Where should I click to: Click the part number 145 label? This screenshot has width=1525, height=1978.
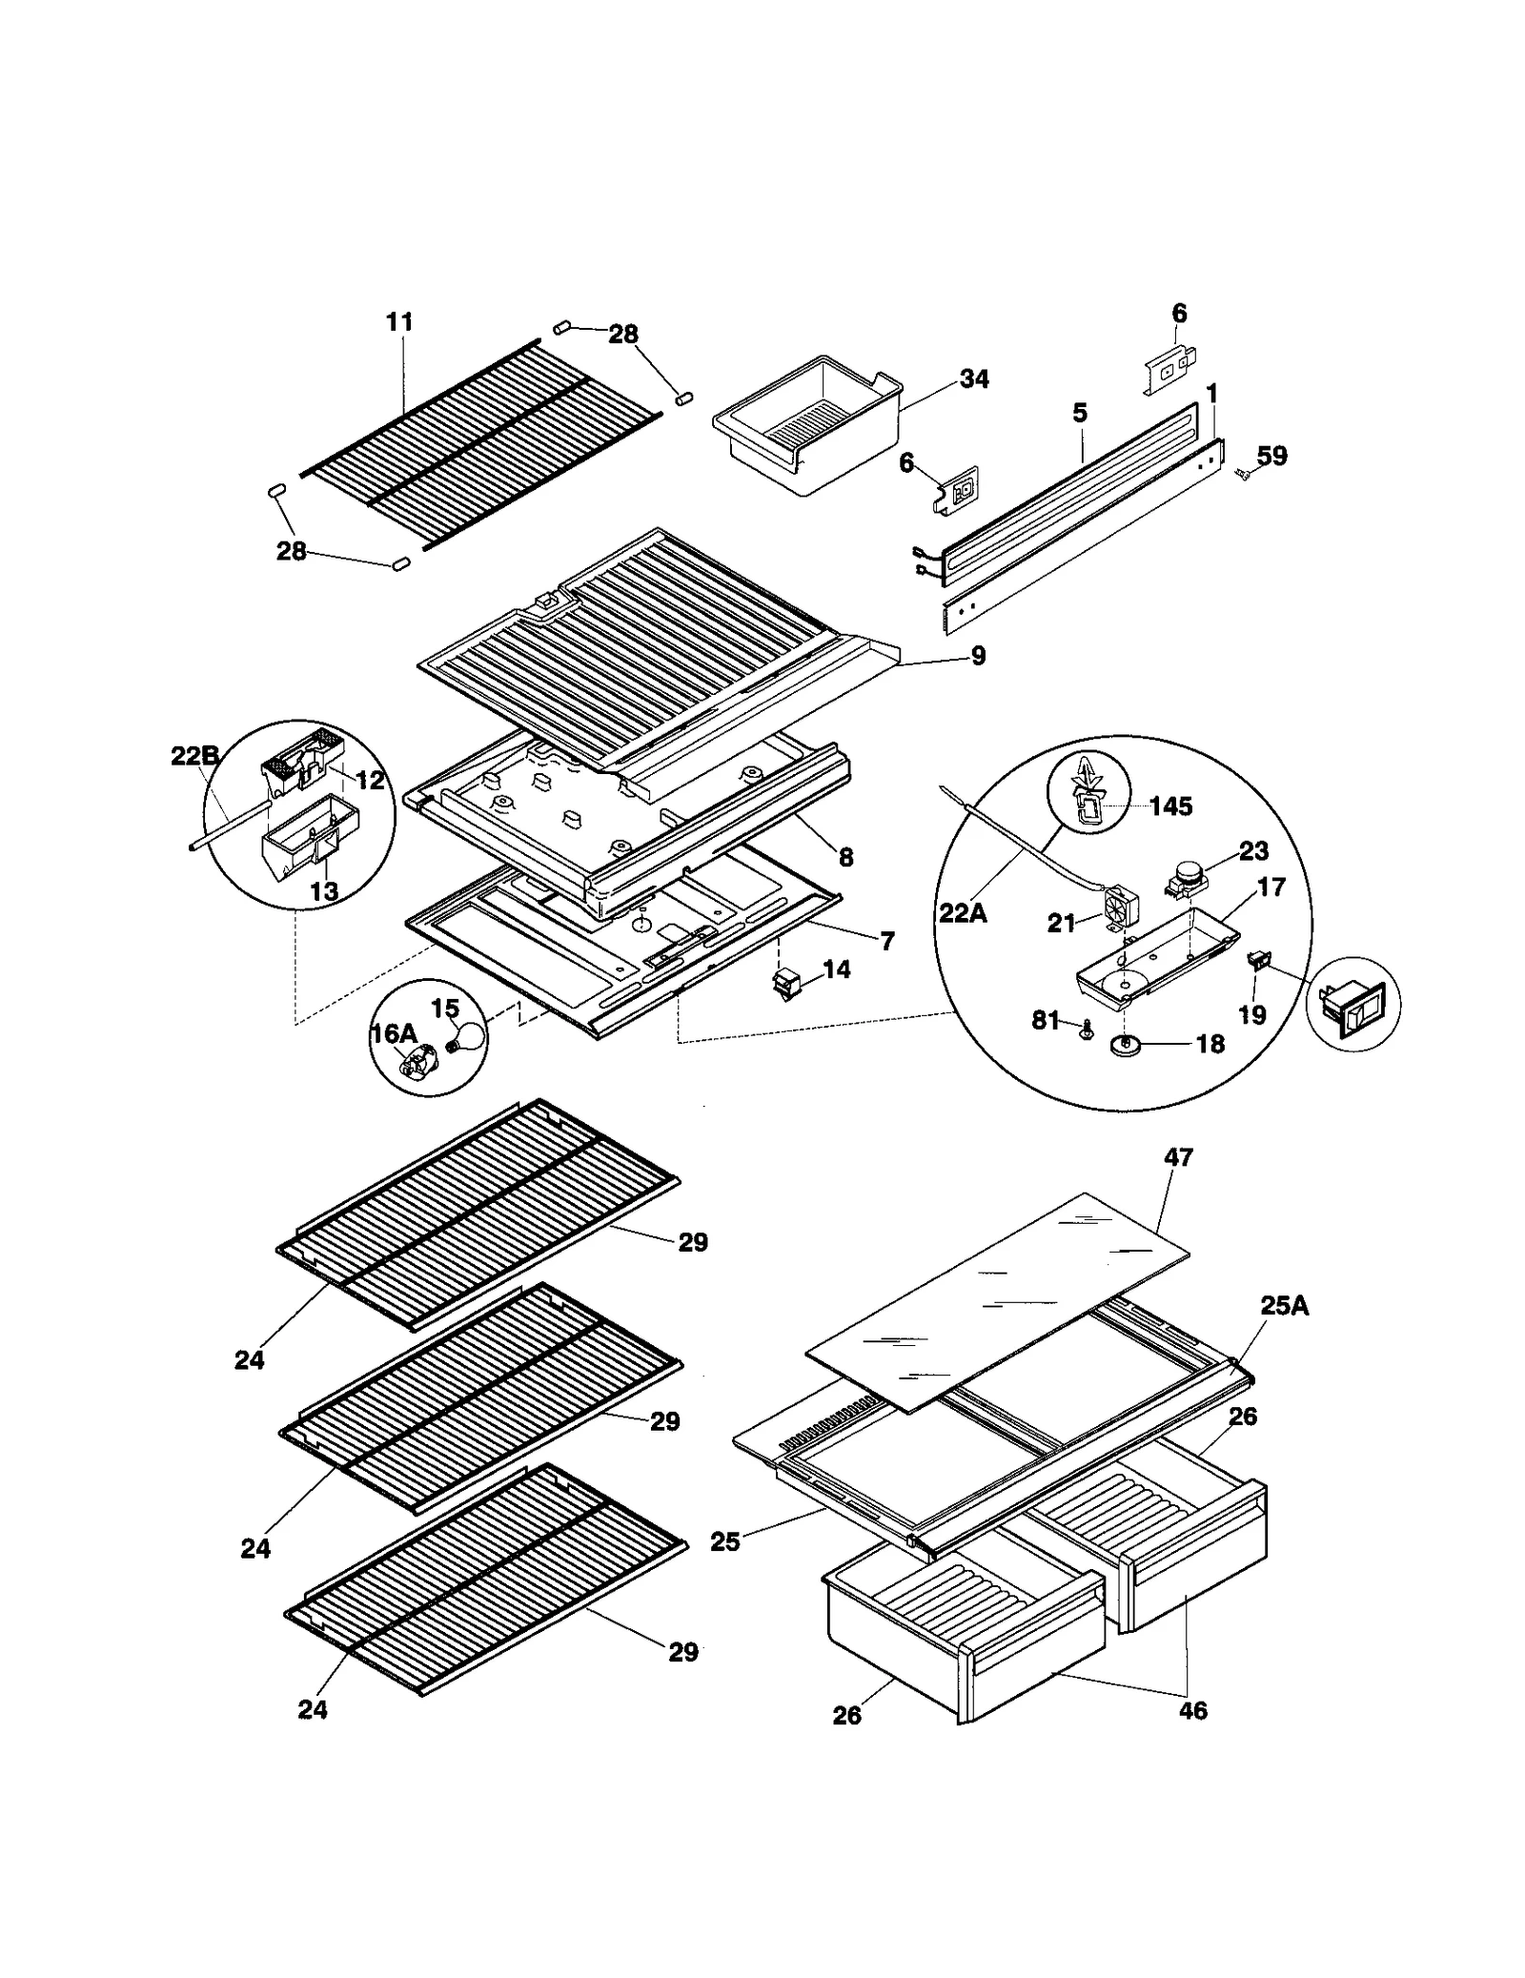coord(1169,806)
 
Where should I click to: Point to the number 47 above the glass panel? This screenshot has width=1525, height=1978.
coord(1178,1157)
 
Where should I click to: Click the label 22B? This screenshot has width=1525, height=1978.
coord(194,756)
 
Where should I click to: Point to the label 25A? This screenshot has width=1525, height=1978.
coord(1284,1306)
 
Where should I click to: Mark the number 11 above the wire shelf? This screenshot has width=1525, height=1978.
coord(399,322)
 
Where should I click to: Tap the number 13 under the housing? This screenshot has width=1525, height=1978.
coord(324,891)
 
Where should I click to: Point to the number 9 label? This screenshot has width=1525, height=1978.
coord(978,656)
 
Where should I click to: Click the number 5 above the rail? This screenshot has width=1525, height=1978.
coord(1079,413)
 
